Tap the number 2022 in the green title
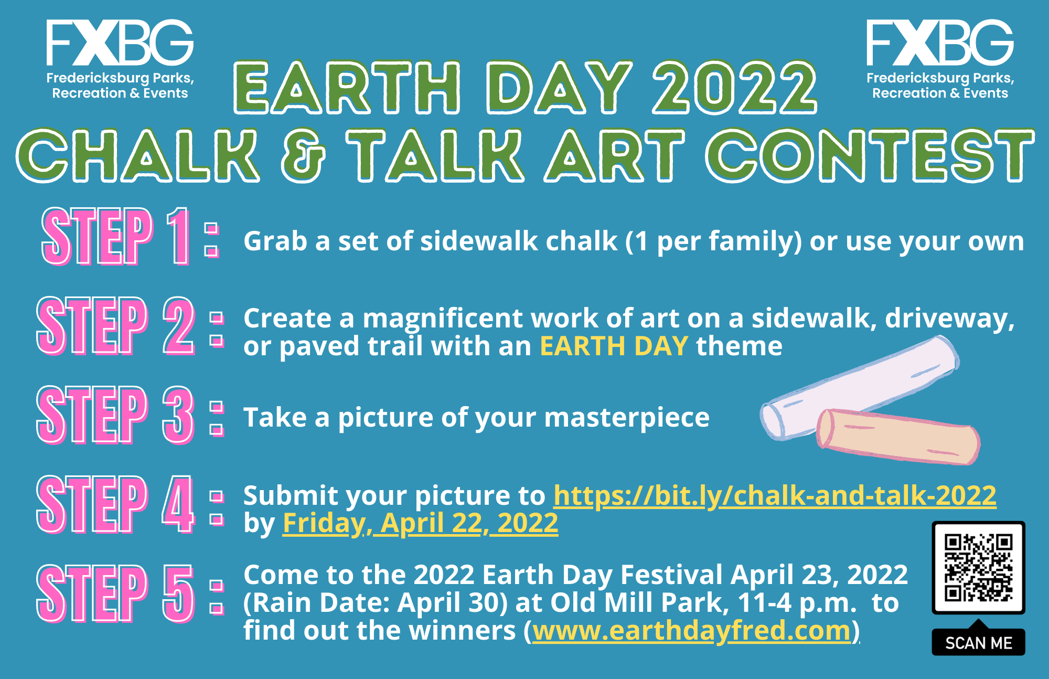click(734, 88)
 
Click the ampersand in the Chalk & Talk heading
click(303, 156)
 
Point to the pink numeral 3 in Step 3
click(178, 415)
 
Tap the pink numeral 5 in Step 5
click(178, 593)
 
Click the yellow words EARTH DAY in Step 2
click(614, 346)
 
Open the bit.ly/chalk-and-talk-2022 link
click(775, 495)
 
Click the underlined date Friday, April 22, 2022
click(420, 523)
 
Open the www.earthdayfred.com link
click(691, 631)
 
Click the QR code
click(978, 567)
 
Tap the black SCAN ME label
click(978, 643)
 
